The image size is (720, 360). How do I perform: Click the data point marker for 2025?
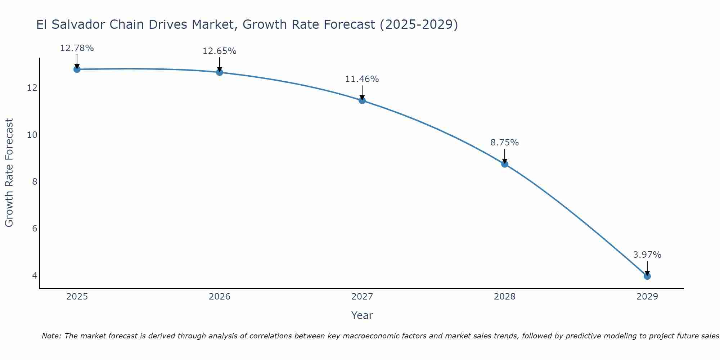click(77, 69)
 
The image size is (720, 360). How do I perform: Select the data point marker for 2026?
click(220, 72)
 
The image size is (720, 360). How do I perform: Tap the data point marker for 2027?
click(362, 100)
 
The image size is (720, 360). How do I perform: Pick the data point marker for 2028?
click(505, 164)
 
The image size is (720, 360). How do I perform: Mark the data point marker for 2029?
click(647, 276)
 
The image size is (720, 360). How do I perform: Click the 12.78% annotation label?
click(77, 48)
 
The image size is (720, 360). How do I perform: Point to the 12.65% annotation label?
click(220, 51)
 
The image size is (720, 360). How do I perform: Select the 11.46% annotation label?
click(362, 79)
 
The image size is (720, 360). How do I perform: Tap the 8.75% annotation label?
click(505, 143)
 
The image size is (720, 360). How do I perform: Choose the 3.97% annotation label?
click(647, 255)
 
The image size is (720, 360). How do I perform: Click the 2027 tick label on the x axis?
click(362, 297)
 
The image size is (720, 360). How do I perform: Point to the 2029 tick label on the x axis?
click(647, 297)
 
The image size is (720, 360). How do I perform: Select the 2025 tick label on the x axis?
click(77, 297)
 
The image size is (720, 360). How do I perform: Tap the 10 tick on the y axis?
click(32, 135)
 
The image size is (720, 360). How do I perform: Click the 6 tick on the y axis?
click(35, 229)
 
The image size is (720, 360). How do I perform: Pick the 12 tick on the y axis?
click(32, 88)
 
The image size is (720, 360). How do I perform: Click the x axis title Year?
click(362, 315)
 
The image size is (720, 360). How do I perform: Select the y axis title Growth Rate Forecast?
click(9, 173)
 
